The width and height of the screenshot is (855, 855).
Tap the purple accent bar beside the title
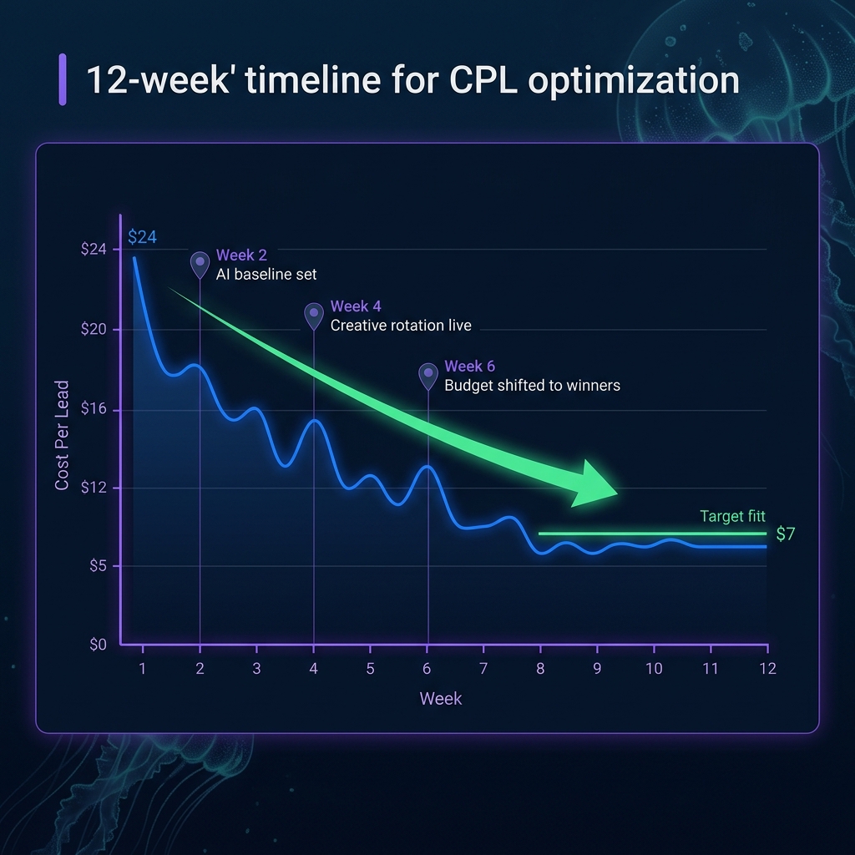coord(63,80)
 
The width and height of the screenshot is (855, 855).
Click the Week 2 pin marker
coord(200,263)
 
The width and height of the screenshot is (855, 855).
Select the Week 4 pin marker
coord(313,314)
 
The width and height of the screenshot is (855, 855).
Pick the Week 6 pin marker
coord(427,374)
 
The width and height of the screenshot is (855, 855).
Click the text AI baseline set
coord(266,274)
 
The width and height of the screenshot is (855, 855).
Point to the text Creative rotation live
coord(401,326)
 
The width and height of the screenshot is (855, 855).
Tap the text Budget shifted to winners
coord(532,386)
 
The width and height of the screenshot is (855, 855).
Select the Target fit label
coord(732,517)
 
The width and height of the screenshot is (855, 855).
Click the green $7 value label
coord(785,534)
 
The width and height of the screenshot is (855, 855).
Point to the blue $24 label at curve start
coord(142,237)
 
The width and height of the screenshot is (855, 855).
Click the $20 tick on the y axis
coord(94,329)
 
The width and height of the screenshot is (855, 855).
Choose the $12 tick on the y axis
coord(94,488)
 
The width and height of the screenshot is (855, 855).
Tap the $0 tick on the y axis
coord(99,645)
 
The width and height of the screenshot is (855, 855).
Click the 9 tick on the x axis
coord(597,669)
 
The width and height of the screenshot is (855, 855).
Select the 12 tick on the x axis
coord(766,669)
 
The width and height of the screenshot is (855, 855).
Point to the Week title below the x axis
coord(441,699)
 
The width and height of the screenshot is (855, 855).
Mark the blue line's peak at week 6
coord(427,467)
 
